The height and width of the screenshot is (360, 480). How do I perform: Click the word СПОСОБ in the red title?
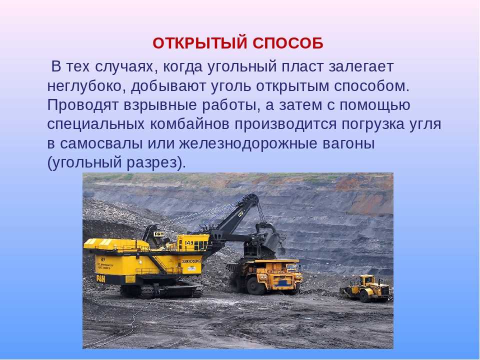tap(288, 43)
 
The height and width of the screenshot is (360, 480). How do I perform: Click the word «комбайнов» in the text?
tap(190, 124)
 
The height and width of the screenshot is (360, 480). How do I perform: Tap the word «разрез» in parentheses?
tap(152, 163)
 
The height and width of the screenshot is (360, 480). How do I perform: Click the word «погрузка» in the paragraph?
tap(373, 125)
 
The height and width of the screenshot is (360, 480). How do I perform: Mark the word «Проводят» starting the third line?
tap(83, 105)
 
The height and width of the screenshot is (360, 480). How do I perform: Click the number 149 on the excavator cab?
tap(189, 243)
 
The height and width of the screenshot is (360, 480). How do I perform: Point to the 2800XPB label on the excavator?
tap(191, 261)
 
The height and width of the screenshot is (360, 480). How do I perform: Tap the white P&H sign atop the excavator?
tap(159, 234)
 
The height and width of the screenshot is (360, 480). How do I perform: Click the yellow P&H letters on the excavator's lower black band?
tap(100, 278)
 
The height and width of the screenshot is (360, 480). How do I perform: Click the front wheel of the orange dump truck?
tap(254, 286)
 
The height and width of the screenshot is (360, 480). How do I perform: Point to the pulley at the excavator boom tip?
tap(254, 197)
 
